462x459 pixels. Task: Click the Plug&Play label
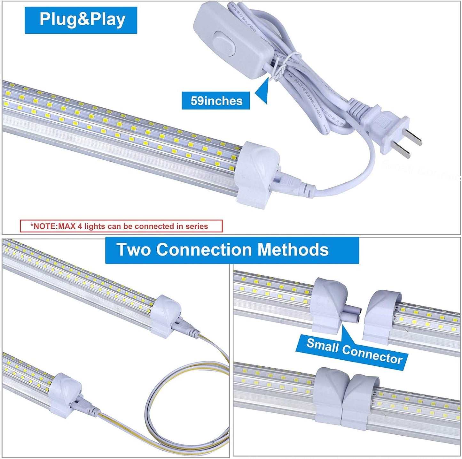tap(81, 20)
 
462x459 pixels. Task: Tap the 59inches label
tap(216, 101)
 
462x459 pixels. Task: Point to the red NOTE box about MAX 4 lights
tap(121, 226)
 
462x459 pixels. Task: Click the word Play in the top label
tap(107, 20)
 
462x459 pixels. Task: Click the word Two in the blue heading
tap(134, 249)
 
